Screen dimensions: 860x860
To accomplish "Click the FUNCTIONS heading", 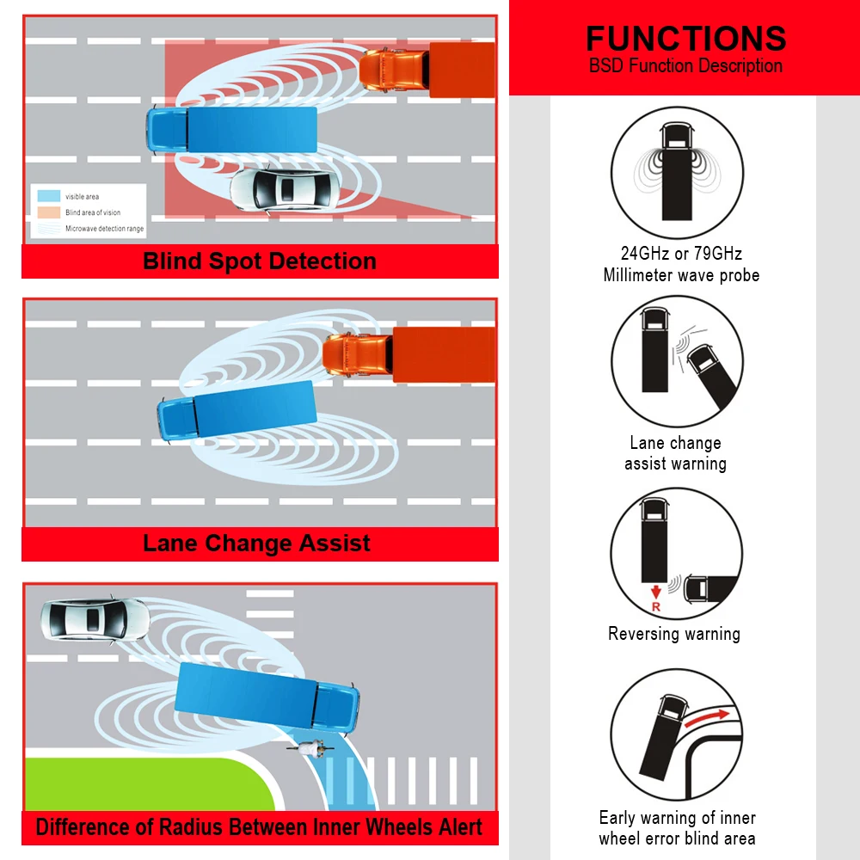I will [685, 39].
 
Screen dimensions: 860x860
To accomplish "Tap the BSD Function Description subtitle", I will [685, 66].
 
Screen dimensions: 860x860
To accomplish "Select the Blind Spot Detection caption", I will [260, 261].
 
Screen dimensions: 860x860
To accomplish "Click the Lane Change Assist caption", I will [257, 544].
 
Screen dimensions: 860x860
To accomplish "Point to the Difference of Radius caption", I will [259, 827].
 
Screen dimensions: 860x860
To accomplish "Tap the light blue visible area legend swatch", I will [49, 196].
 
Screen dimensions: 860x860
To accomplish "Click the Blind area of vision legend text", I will [93, 212].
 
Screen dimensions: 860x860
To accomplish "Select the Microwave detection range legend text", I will [104, 229].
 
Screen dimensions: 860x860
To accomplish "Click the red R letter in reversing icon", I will [655, 607].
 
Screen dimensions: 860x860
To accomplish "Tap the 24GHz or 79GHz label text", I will [681, 254].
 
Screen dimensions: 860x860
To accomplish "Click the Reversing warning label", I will [674, 634].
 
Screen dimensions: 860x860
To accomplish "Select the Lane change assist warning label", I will [675, 453].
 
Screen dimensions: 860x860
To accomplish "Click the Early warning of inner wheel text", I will [678, 818].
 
